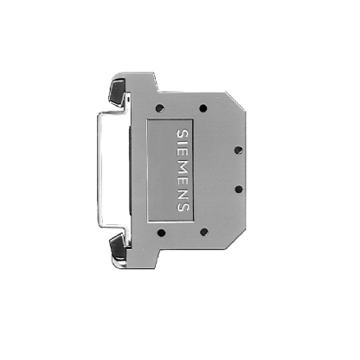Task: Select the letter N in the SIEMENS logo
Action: (181, 191)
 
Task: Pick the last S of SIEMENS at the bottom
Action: (181, 206)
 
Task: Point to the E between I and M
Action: (181, 151)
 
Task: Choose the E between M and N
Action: (181, 177)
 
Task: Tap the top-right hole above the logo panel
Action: (203, 108)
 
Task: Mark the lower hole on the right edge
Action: (236, 188)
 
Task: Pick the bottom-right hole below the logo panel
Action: (203, 232)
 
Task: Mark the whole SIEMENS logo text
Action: (181, 170)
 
